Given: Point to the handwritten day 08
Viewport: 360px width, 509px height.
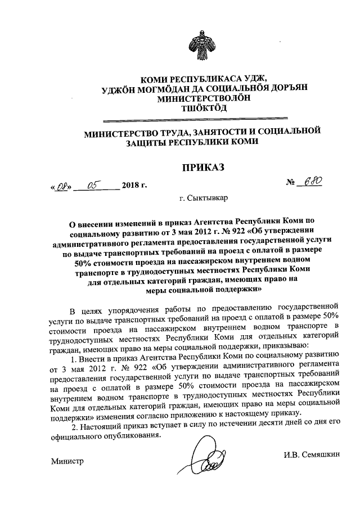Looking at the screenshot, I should coord(60,184).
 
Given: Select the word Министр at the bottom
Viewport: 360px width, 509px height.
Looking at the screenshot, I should coord(67,461).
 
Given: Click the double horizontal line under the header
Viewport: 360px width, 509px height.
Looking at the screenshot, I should coord(196,119).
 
